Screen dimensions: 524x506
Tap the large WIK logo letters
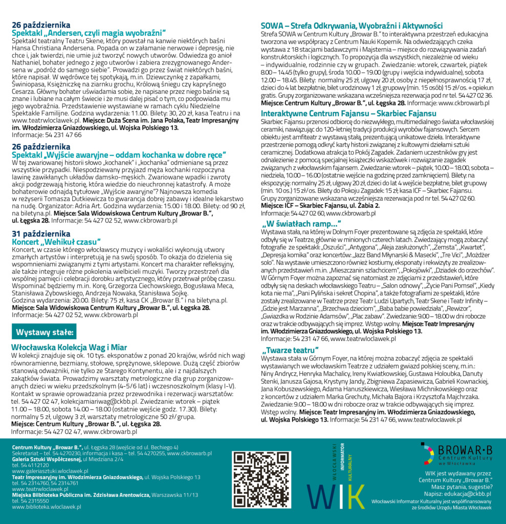(x=336, y=495)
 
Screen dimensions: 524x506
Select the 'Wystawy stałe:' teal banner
(x=45, y=332)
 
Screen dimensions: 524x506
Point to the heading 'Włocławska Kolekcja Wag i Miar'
(x=69, y=347)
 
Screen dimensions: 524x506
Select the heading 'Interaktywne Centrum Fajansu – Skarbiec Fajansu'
(x=348, y=113)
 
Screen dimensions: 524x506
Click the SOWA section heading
(x=351, y=26)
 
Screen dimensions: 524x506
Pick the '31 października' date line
(x=41, y=234)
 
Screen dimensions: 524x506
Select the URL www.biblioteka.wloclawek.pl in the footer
(x=47, y=507)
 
